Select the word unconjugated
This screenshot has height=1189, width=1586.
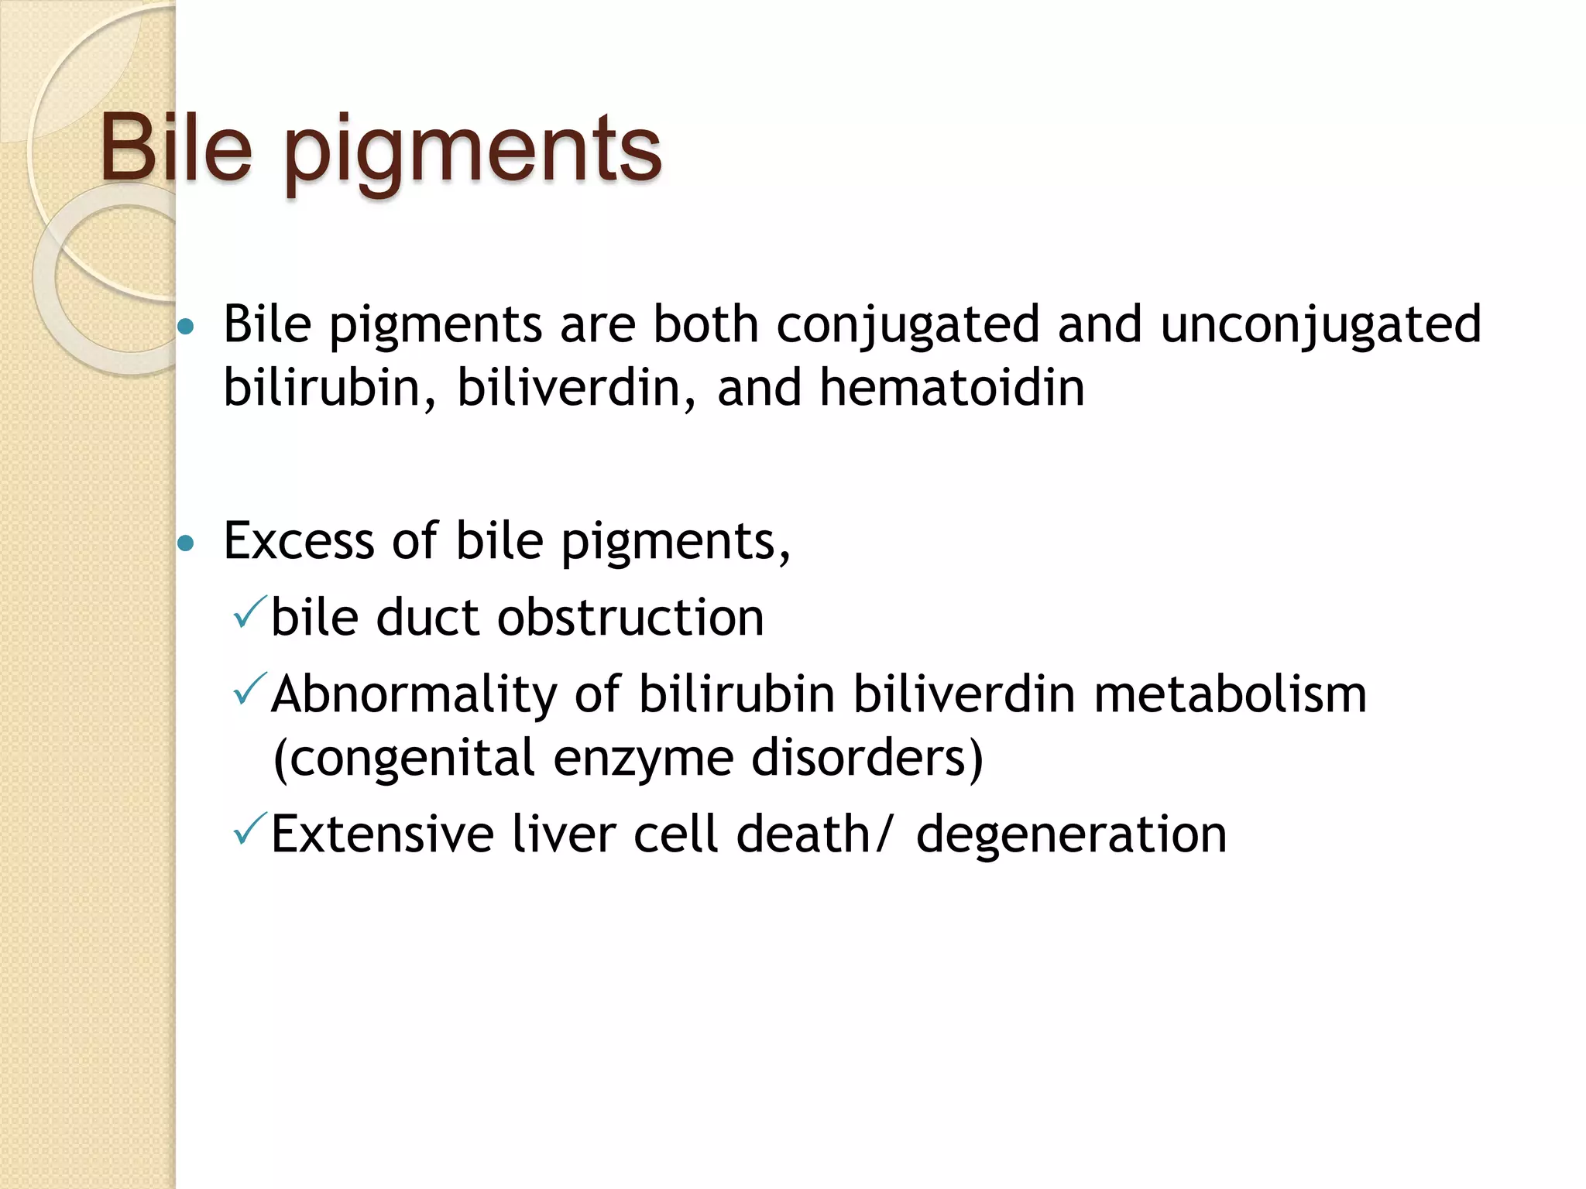[x=1321, y=325]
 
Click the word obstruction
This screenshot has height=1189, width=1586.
[x=630, y=618]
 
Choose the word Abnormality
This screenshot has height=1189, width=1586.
[x=414, y=694]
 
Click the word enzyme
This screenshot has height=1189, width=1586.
[x=644, y=759]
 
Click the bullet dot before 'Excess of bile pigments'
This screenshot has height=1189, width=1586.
[x=186, y=543]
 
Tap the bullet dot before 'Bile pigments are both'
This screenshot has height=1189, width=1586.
[x=186, y=327]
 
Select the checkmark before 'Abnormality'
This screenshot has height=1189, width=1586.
[x=249, y=688]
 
